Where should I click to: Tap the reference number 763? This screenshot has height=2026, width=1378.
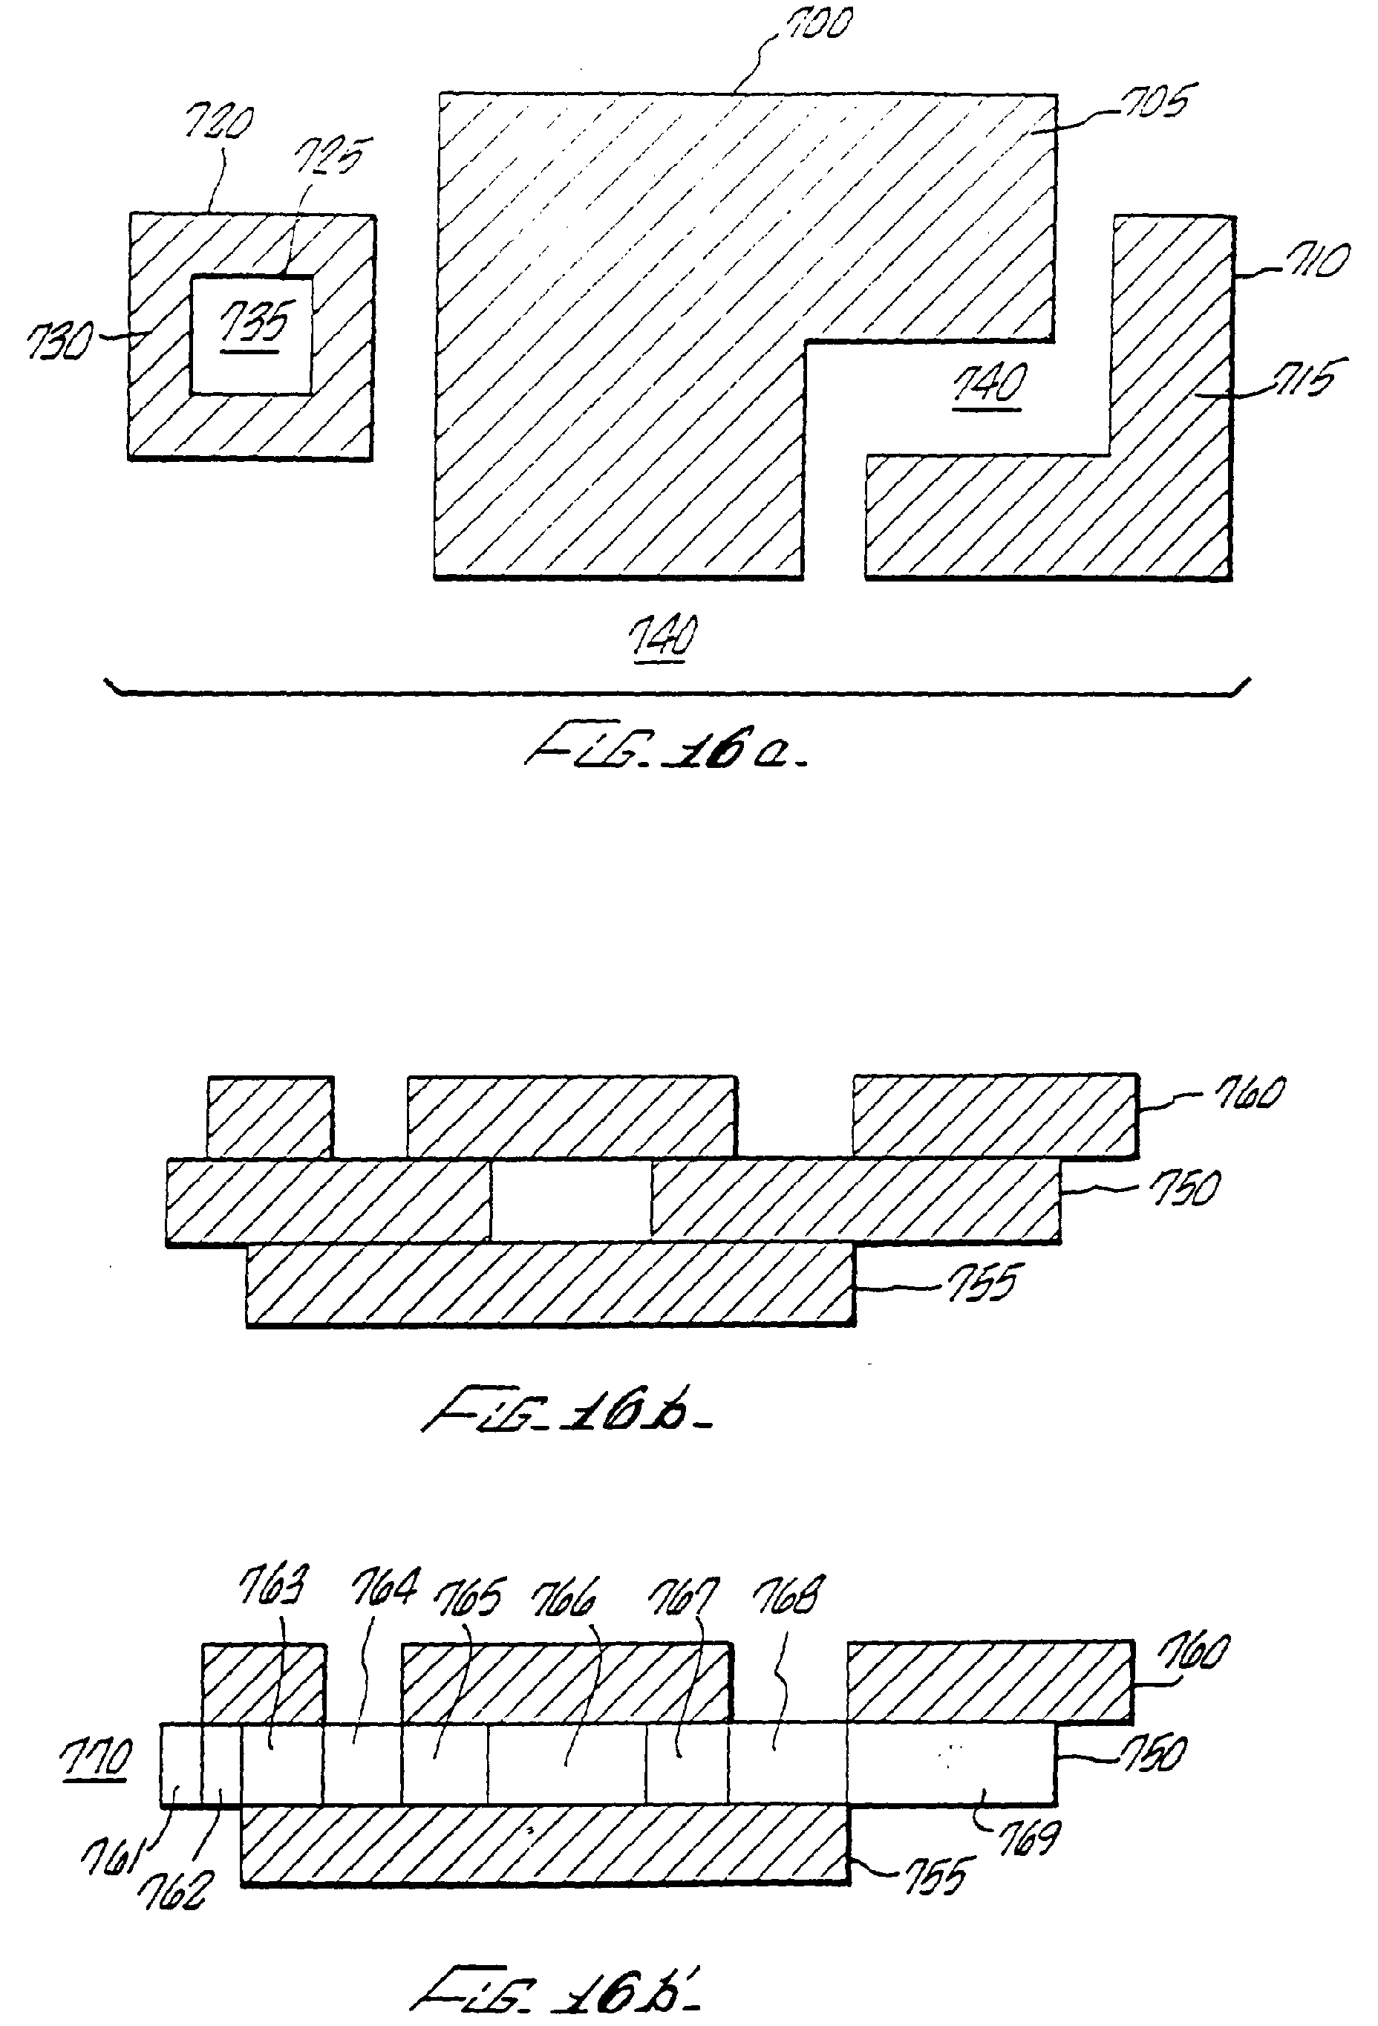[x=272, y=1586]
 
